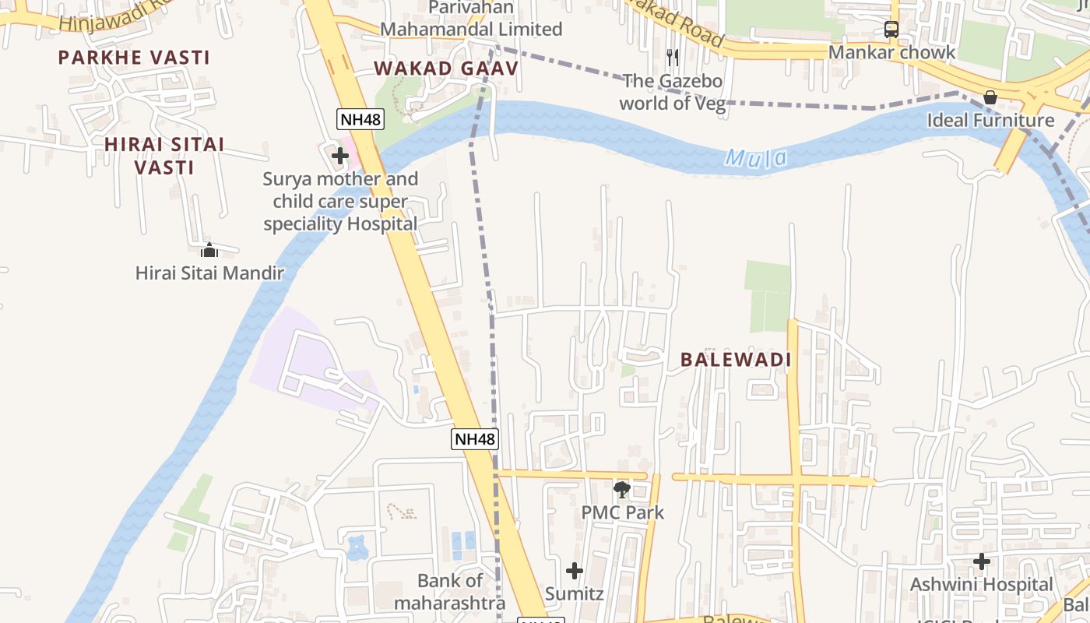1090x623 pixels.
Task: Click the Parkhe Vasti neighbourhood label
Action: (x=134, y=58)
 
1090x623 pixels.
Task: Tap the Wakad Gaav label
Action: (x=446, y=69)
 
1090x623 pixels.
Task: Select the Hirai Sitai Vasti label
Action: (x=164, y=156)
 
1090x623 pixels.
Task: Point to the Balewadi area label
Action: (x=736, y=360)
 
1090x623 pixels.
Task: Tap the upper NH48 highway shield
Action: (x=360, y=119)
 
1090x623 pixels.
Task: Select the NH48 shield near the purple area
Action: (x=474, y=439)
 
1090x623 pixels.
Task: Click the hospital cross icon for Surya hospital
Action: (x=339, y=156)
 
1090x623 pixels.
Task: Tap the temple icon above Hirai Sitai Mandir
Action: (x=209, y=250)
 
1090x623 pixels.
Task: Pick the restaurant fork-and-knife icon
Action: (x=673, y=57)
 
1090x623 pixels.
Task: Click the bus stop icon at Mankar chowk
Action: (x=891, y=30)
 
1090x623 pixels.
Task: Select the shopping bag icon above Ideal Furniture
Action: (x=990, y=97)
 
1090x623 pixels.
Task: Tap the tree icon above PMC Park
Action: (x=621, y=490)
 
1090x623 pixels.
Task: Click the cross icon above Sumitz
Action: (x=575, y=571)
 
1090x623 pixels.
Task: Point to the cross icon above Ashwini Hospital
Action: (x=982, y=561)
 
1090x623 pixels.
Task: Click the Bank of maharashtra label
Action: (x=449, y=592)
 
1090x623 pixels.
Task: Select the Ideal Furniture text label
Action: (x=990, y=121)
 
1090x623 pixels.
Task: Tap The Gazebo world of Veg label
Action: (x=672, y=92)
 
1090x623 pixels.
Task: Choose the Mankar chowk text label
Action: (x=891, y=53)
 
